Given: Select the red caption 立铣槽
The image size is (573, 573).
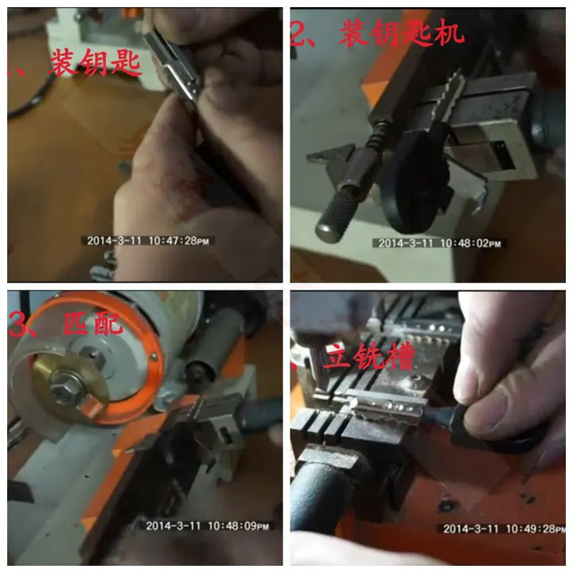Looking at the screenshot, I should [368, 358].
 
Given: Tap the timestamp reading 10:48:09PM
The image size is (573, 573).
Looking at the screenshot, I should [209, 525].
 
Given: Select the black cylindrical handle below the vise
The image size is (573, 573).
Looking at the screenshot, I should [318, 493].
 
